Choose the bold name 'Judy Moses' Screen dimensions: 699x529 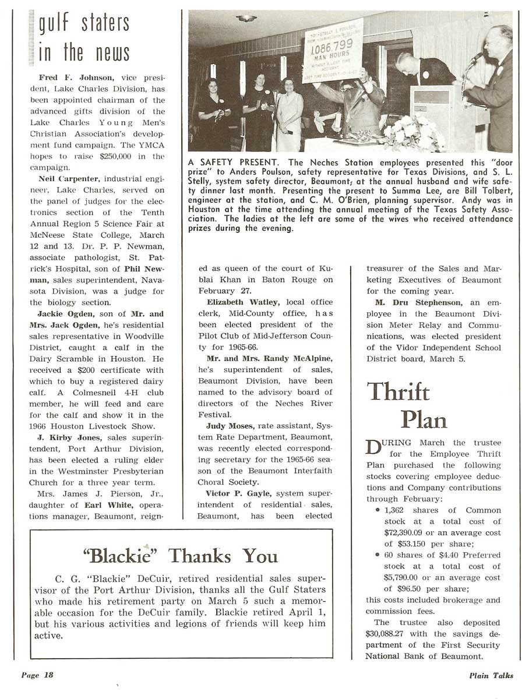(x=228, y=426)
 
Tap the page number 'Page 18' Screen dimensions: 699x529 (x=37, y=675)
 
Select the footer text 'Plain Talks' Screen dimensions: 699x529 (x=492, y=676)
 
